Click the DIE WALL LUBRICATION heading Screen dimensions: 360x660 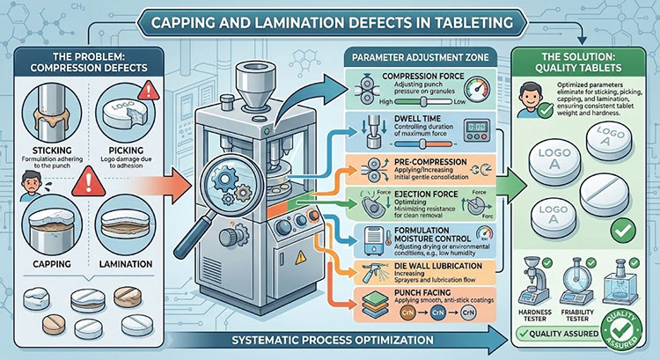click(x=399, y=265)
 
